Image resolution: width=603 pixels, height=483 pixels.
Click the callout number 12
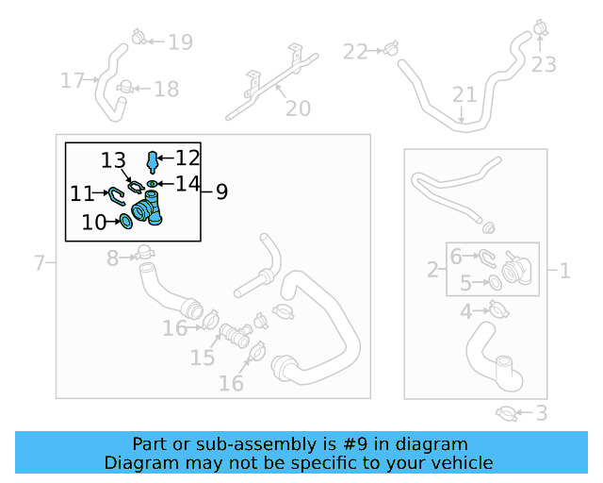[x=187, y=158]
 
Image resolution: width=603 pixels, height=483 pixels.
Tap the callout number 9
[x=221, y=192]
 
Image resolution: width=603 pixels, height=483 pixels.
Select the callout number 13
[x=113, y=159]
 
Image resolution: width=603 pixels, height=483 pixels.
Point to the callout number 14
[x=187, y=184]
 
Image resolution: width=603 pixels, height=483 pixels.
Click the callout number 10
[x=94, y=223]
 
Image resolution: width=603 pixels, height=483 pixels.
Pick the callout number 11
[x=82, y=193]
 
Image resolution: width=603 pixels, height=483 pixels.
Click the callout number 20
[x=298, y=108]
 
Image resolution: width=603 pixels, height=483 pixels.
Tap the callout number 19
[x=180, y=42]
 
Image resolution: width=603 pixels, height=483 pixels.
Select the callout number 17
[x=73, y=81]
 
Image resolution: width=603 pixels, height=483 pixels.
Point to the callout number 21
[x=464, y=94]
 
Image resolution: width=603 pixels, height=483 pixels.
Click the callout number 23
[x=544, y=64]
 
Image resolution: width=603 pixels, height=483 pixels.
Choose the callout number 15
[x=203, y=358]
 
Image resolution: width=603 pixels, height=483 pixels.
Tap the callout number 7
[x=39, y=262]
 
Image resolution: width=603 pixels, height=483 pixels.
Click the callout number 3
[x=541, y=412]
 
